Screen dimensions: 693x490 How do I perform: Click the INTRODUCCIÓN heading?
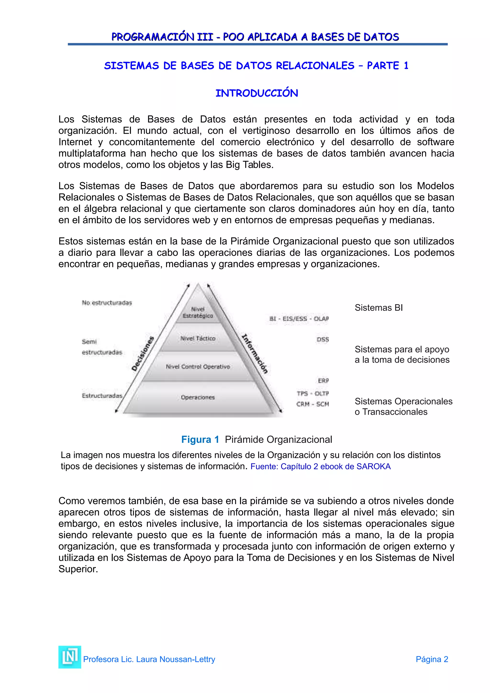(x=257, y=93)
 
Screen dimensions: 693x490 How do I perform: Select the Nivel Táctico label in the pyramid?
(x=198, y=338)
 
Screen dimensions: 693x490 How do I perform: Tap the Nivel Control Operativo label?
(x=198, y=367)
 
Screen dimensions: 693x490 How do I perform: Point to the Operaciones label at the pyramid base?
(x=198, y=397)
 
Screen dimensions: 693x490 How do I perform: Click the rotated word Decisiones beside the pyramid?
(x=143, y=354)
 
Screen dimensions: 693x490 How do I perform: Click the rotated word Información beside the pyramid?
(x=255, y=354)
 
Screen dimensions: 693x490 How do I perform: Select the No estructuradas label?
(x=107, y=303)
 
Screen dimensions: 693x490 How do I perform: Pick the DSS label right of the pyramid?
(x=323, y=340)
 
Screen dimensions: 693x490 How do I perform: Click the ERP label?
(x=323, y=381)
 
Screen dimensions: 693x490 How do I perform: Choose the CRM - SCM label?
(x=312, y=404)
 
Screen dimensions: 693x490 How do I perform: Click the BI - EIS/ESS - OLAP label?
(x=299, y=319)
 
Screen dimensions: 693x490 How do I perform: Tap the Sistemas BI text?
(x=379, y=308)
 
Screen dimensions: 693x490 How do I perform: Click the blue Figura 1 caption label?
(x=200, y=440)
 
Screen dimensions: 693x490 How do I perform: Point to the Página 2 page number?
(x=432, y=659)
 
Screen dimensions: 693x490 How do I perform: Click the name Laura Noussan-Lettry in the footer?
(x=175, y=659)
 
